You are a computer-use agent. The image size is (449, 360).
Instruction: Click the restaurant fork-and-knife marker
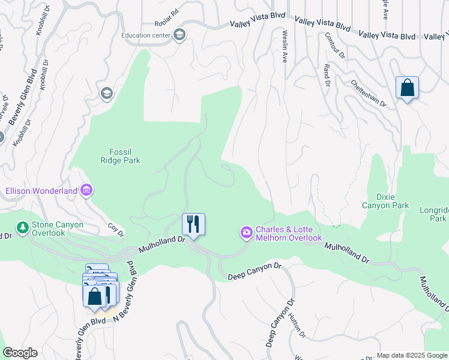193,224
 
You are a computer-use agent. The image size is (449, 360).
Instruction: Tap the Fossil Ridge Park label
120,156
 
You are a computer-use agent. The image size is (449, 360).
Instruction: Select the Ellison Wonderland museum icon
86,191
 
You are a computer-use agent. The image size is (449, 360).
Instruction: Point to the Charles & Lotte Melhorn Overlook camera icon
247,232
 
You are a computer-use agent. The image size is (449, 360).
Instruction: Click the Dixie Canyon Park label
385,201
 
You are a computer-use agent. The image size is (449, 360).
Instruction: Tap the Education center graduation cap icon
179,35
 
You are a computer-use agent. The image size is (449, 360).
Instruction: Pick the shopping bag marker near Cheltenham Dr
407,88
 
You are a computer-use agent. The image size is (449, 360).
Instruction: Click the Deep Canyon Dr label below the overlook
255,271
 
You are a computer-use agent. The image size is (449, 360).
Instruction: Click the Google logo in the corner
20,353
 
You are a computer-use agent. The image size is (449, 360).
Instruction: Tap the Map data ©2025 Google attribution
411,355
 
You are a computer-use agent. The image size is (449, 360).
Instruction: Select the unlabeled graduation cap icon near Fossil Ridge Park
106,93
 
